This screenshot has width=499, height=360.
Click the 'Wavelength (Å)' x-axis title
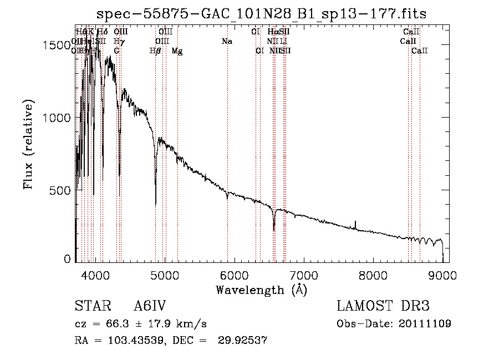pyautogui.click(x=261, y=290)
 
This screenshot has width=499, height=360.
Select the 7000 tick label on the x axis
pyautogui.click(x=304, y=274)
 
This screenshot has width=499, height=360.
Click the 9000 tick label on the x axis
pyautogui.click(x=442, y=274)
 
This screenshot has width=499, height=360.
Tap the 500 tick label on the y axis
pyautogui.click(x=60, y=190)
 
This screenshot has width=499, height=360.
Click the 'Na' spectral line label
pyautogui.click(x=226, y=42)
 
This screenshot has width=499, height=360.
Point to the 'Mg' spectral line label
pyautogui.click(x=177, y=51)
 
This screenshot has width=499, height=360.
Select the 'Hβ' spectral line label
pyautogui.click(x=155, y=51)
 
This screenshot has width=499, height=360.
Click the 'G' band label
pyautogui.click(x=116, y=51)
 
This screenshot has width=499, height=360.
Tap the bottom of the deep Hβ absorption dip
pyautogui.click(x=156, y=204)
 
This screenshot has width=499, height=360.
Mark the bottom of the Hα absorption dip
pyautogui.click(x=274, y=230)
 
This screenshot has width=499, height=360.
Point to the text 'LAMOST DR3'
pyautogui.click(x=383, y=306)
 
